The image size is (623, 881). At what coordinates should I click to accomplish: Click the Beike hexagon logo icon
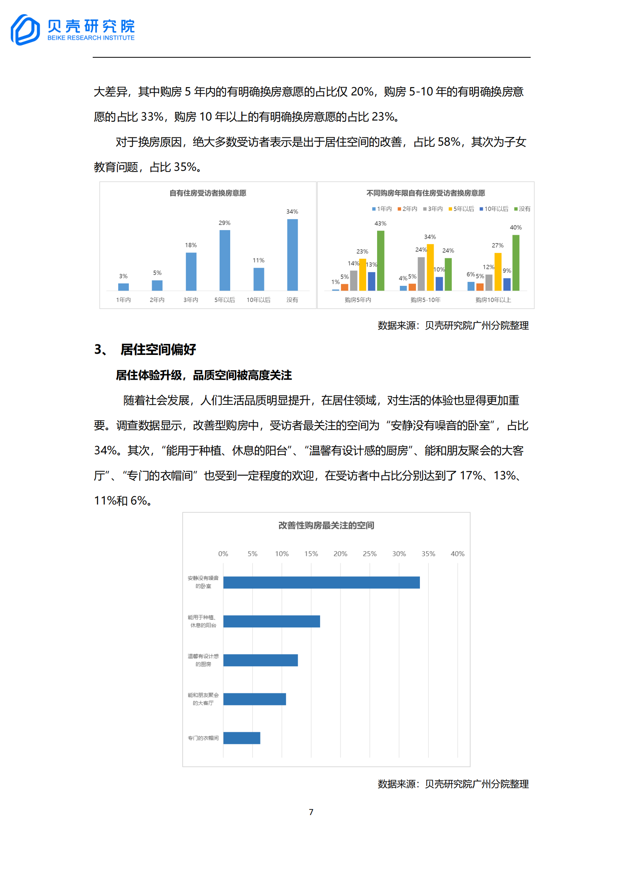[x=25, y=30]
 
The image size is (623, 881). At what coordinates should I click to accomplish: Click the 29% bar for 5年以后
[x=225, y=260]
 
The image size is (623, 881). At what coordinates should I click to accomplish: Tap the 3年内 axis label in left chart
[x=191, y=300]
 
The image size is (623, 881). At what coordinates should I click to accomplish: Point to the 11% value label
[x=258, y=260]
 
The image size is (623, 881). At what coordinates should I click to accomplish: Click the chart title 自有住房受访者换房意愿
[x=208, y=193]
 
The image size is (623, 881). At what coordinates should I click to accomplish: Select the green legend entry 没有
[x=522, y=209]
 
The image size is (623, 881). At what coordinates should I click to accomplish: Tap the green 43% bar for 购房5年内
[x=381, y=260]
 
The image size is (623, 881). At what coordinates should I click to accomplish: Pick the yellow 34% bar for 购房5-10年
[x=430, y=267]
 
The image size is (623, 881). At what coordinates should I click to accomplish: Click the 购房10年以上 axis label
[x=493, y=300]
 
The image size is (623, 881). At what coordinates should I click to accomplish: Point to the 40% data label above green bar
[x=515, y=227]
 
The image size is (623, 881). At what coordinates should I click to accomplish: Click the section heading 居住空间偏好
[x=158, y=349]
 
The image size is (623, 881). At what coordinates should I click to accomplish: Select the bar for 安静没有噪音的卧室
[x=321, y=582]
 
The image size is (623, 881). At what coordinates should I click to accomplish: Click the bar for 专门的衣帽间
[x=242, y=738]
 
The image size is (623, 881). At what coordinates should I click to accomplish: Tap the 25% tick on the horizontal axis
[x=370, y=554]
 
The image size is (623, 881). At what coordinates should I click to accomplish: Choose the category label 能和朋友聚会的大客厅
[x=203, y=699]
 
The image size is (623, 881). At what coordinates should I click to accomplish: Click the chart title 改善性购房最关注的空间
[x=326, y=525]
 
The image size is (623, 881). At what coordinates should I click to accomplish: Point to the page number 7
[x=311, y=812]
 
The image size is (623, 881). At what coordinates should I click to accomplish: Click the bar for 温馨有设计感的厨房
[x=260, y=660]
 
